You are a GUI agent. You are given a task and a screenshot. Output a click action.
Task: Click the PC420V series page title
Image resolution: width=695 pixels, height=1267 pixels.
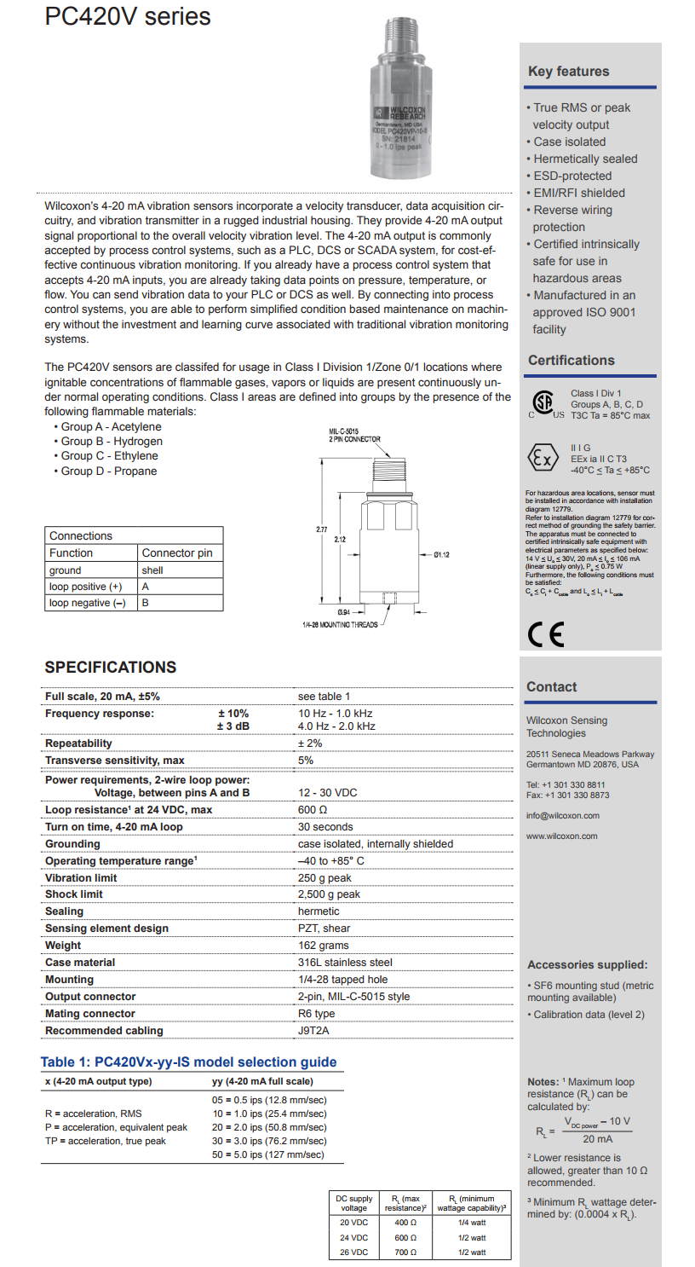coord(128,17)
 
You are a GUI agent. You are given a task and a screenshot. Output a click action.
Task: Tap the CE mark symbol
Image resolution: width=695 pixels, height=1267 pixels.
coord(545,635)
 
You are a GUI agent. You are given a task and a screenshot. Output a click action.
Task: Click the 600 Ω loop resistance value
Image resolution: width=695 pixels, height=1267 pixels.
coord(314,809)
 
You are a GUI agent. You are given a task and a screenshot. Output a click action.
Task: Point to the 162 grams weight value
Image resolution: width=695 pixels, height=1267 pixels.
coord(323,945)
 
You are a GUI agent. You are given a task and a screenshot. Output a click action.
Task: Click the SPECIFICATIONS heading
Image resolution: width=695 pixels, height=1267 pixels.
coord(111,667)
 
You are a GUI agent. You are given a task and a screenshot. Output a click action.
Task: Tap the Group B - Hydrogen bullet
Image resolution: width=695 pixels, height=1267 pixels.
coord(111,441)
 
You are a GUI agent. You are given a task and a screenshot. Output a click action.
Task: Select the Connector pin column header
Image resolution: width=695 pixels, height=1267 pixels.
coord(177,553)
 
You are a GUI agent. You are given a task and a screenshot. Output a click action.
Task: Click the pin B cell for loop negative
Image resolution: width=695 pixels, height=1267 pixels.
coord(146,603)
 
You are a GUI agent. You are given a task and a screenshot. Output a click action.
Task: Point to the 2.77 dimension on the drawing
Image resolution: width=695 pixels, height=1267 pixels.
coord(321,529)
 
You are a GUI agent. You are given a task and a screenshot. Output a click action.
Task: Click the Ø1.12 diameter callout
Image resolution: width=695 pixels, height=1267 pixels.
coord(441,555)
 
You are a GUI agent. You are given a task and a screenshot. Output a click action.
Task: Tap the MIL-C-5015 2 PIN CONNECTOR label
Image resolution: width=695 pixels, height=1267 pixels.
coord(354,436)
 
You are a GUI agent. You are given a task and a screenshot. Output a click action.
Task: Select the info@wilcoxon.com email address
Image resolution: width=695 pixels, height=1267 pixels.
coord(562,815)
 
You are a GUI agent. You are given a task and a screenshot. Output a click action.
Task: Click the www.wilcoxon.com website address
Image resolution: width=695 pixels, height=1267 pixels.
coord(562,836)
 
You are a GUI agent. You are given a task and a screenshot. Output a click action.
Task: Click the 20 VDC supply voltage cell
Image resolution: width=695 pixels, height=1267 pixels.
coord(353,1222)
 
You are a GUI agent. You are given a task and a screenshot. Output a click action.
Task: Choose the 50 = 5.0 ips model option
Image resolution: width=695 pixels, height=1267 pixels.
coord(268,1154)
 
